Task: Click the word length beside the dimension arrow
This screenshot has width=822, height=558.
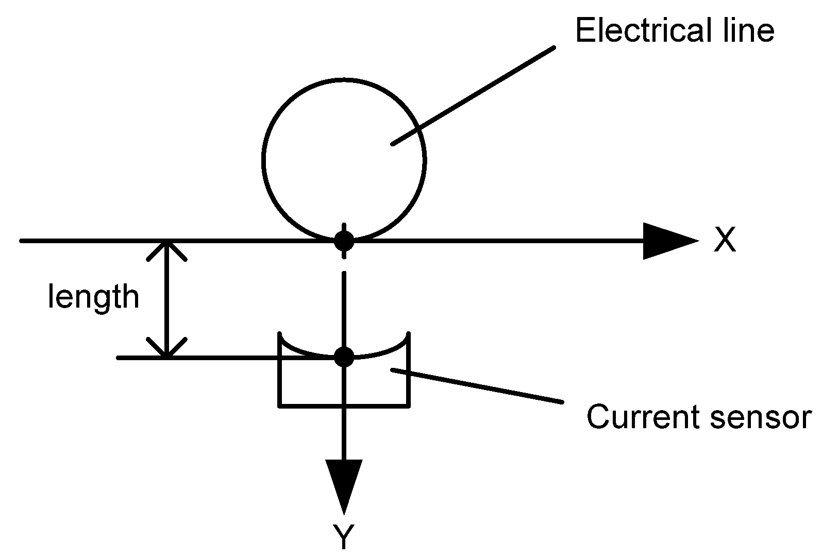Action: (93, 297)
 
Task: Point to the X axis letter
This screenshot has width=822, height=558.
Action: (725, 240)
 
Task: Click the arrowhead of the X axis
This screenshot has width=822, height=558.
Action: (670, 241)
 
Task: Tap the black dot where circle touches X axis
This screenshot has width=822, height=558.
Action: (344, 240)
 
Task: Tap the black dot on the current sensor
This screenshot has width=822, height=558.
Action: (344, 356)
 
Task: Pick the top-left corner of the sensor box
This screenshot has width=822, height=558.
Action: (280, 334)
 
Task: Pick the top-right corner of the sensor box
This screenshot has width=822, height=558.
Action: (409, 334)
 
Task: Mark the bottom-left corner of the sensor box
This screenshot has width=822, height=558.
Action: (280, 407)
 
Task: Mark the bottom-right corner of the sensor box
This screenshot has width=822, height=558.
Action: (409, 407)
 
